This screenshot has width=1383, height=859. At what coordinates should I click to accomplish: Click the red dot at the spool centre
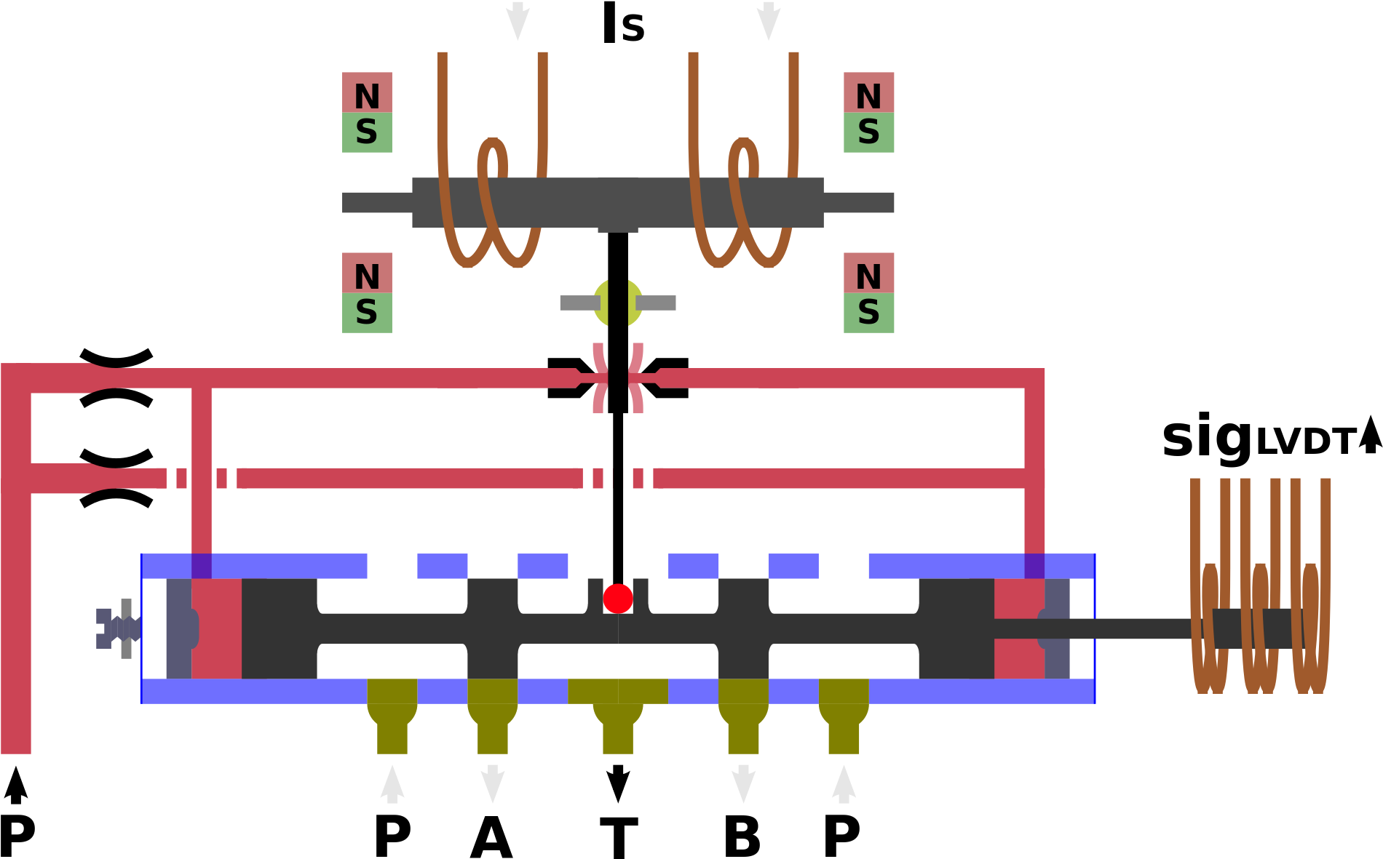click(618, 599)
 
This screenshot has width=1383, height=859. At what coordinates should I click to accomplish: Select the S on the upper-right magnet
click(868, 132)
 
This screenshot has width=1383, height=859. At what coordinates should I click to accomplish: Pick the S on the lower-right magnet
click(868, 312)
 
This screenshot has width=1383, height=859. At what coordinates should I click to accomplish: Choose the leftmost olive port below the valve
click(392, 716)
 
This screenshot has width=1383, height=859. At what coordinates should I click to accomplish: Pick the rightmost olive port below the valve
click(844, 716)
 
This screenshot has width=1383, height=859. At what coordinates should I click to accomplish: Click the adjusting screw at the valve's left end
click(116, 628)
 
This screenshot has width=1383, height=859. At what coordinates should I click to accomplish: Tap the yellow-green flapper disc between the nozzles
click(618, 303)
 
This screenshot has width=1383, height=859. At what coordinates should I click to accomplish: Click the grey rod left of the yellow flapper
click(579, 303)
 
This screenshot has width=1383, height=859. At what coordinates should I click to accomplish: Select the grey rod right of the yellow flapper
click(657, 303)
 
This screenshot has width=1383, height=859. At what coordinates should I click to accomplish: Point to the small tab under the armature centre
click(618, 230)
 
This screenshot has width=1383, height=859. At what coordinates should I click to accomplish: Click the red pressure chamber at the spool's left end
click(217, 628)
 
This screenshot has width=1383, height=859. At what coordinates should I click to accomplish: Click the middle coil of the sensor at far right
click(1261, 626)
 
